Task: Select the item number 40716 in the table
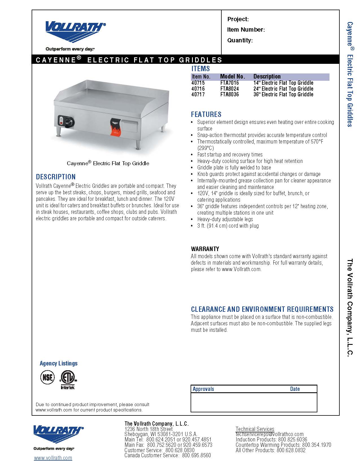point(198,89)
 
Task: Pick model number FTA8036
point(230,95)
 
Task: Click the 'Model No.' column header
point(232,77)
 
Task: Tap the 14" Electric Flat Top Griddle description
point(283,83)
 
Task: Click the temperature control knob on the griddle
point(69,122)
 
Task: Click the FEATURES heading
point(206,114)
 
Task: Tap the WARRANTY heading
point(205,249)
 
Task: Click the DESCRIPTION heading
point(56,177)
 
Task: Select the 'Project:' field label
point(238,19)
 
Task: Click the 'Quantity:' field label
point(240,40)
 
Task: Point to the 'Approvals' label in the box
point(203,389)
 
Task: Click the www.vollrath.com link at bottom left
point(53,458)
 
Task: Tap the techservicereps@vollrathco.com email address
point(270,434)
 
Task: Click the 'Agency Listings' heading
point(58,363)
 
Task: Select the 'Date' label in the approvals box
point(295,389)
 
